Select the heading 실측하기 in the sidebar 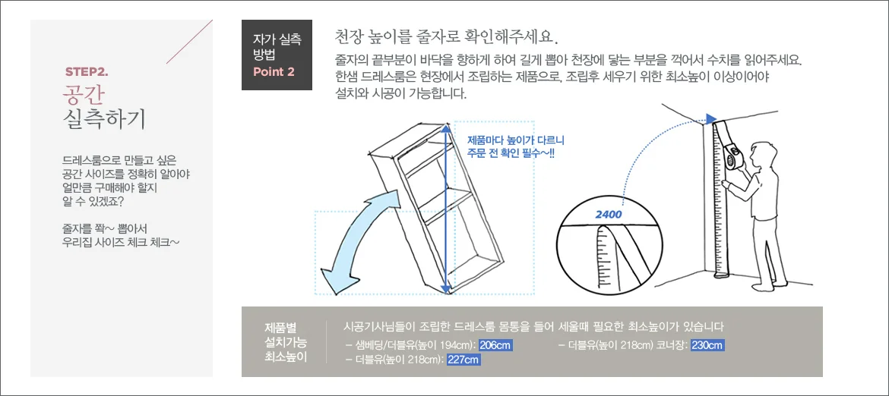click(x=104, y=118)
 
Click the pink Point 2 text click(x=274, y=72)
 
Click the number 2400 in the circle click(x=609, y=215)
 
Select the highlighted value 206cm click(x=495, y=345)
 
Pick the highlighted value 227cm click(x=463, y=360)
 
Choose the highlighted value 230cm click(x=707, y=345)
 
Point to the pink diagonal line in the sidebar click(x=189, y=41)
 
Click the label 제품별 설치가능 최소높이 click(x=285, y=342)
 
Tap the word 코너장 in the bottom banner click(x=674, y=345)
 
